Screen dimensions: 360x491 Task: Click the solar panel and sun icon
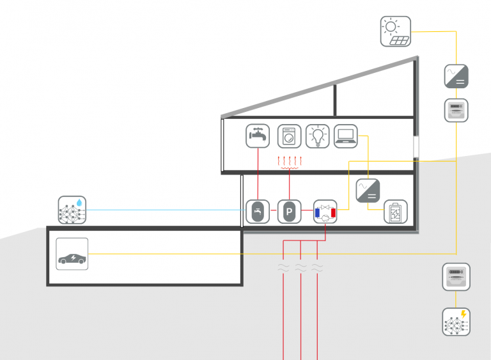tap(396, 32)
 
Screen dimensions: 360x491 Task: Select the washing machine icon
tap(289, 136)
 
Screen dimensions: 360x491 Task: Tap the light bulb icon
tap(317, 136)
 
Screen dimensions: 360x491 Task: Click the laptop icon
tap(346, 136)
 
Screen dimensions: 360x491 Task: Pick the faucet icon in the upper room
tap(258, 136)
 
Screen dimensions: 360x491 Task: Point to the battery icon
tap(395, 212)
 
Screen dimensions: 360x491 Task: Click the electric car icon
tap(72, 254)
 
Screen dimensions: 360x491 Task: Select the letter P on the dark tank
tap(289, 212)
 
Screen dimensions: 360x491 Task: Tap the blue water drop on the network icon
tap(79, 201)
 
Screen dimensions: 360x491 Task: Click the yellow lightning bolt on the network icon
tap(464, 314)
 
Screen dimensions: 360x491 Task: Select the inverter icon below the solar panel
tap(456, 75)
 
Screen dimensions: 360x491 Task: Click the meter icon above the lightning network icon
tap(456, 276)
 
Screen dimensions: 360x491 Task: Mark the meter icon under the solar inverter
tap(456, 110)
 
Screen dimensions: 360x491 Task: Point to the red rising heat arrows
tap(289, 161)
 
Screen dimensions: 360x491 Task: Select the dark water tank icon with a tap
tap(258, 212)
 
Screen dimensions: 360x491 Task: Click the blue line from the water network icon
tap(166, 210)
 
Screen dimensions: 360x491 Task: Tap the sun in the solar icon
tap(391, 26)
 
